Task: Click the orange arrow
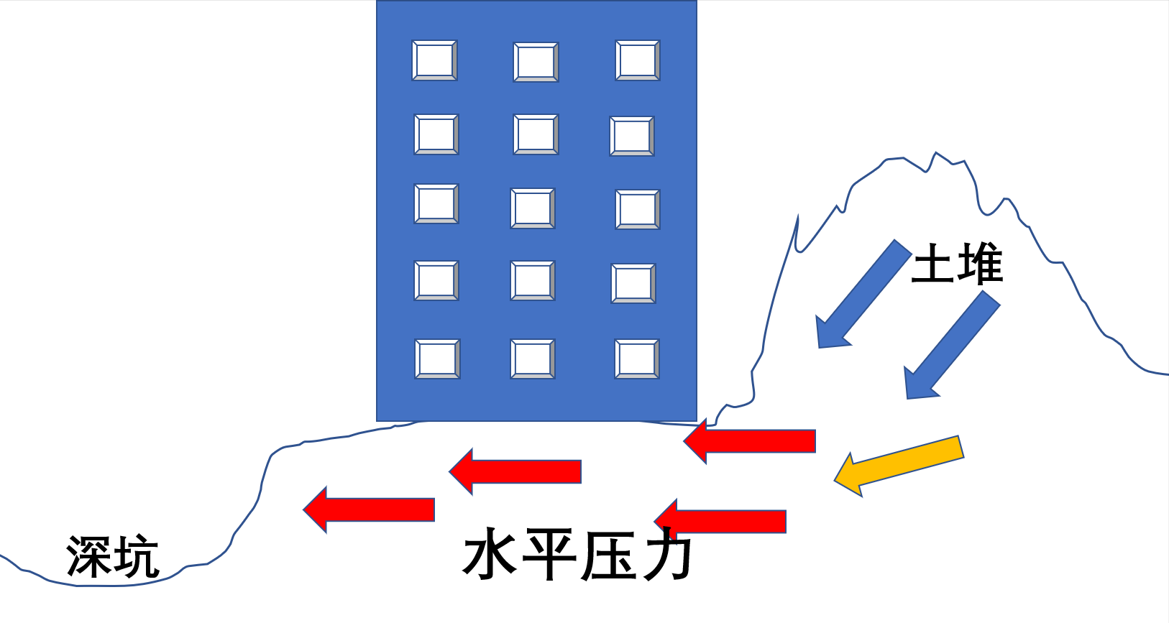tap(899, 465)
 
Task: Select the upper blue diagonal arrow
tap(863, 295)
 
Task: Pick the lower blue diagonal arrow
tap(951, 346)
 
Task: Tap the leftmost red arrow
tap(370, 509)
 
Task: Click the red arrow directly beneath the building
tap(515, 471)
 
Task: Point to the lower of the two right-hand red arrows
tap(720, 521)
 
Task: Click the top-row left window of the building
tap(434, 60)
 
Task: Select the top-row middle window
tap(536, 62)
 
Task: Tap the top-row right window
tap(638, 60)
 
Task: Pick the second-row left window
tap(436, 134)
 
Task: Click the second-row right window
tap(632, 136)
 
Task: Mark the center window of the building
tap(533, 208)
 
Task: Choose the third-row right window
tap(638, 210)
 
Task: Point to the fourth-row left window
tap(436, 280)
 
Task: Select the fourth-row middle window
tap(533, 280)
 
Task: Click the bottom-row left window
tap(437, 359)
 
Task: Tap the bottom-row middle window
tap(533, 359)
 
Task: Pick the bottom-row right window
tap(637, 359)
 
